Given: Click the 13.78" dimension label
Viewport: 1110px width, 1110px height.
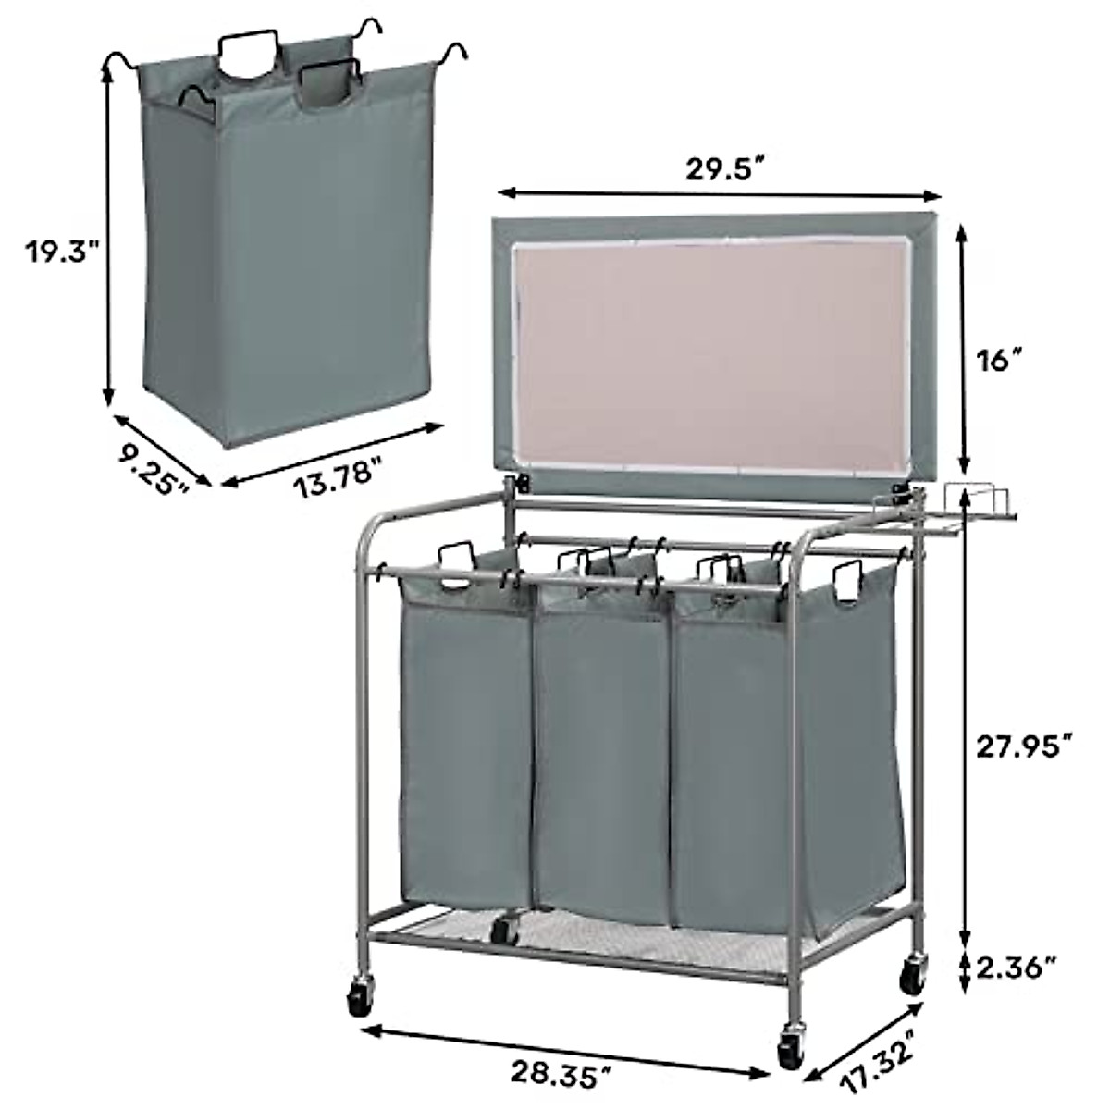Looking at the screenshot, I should tap(339, 471).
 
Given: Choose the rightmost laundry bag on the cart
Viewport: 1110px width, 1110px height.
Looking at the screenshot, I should tap(786, 758).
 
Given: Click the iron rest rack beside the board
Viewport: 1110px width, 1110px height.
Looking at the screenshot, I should tap(976, 508).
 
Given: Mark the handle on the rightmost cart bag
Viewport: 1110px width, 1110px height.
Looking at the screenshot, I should tap(847, 582).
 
